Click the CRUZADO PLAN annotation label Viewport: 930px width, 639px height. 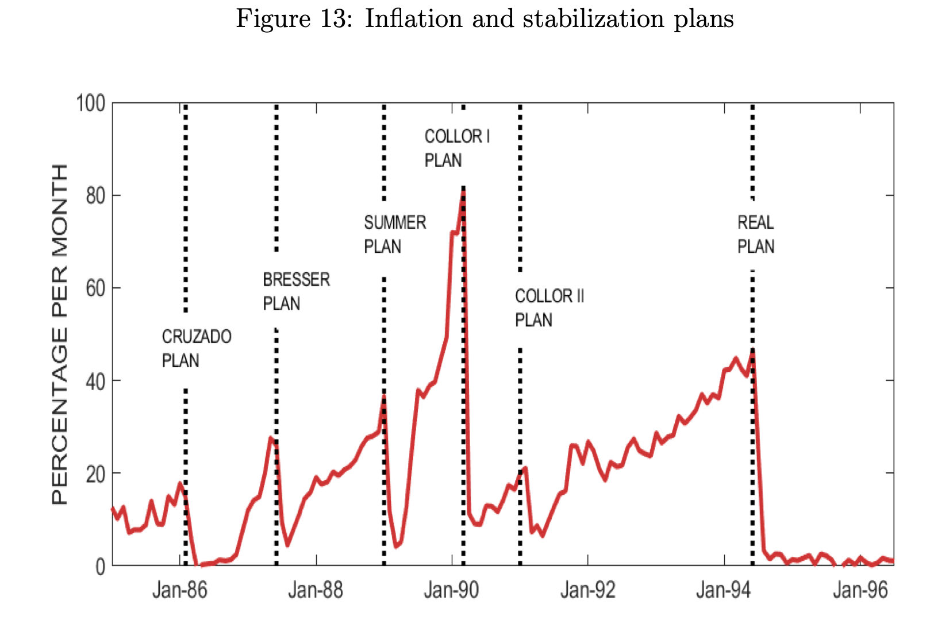pos(196,348)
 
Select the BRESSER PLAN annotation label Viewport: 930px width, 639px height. pos(296,291)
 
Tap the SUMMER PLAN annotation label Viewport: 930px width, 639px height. pos(395,234)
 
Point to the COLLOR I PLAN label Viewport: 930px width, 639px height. pos(457,148)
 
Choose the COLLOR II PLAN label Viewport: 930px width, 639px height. pos(549,308)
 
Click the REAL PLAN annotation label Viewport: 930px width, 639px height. pos(756,234)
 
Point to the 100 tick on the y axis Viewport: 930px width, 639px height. pos(91,104)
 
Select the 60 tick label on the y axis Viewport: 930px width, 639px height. pos(95,288)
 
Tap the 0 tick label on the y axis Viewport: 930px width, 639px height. pos(100,567)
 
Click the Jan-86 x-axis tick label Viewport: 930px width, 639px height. pos(179,590)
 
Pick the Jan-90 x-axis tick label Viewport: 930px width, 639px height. pos(451,590)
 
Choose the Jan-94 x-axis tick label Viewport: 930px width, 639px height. pos(723,590)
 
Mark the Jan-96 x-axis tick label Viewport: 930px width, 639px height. pos(860,590)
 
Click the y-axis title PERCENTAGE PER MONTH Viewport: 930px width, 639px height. pos(60,334)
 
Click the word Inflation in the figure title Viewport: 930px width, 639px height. pos(413,19)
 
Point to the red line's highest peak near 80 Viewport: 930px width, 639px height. pos(463,193)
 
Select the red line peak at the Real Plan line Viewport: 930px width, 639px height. pos(752,352)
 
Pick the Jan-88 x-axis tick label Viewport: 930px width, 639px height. pos(316,590)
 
